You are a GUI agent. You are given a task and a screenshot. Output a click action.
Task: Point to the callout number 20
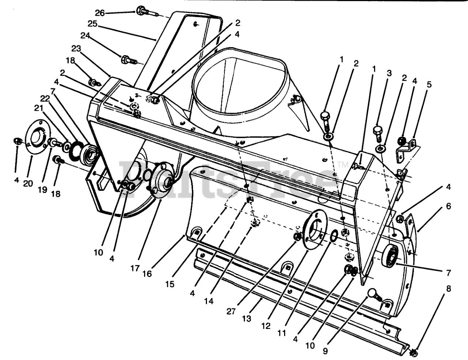coord(28,183)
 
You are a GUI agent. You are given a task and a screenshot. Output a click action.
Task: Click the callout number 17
coord(135,268)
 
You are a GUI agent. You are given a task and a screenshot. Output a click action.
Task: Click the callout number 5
coord(429,84)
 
